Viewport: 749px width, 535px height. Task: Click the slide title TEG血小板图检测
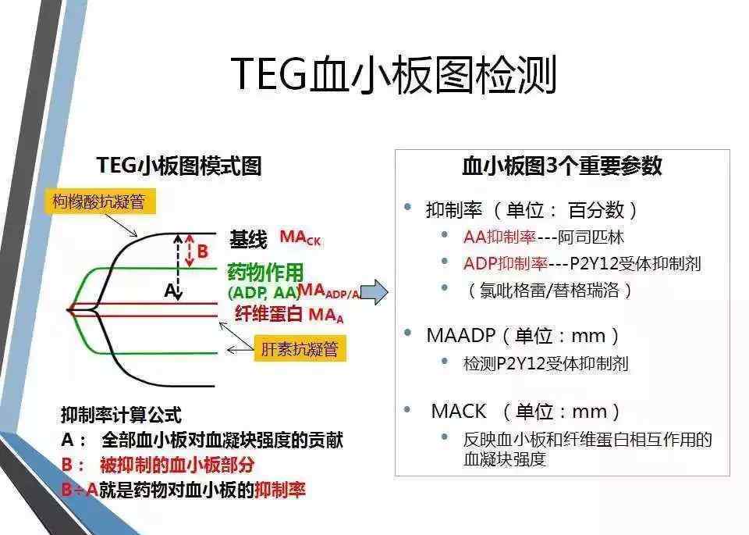394,75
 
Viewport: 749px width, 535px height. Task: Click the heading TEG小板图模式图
179,166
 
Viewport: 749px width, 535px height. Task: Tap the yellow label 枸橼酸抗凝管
99,202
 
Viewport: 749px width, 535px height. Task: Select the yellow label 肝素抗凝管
300,349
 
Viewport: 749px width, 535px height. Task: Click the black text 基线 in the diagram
248,239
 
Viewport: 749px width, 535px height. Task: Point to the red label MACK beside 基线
300,237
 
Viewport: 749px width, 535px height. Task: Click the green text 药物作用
265,272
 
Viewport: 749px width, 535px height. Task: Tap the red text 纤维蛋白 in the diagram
269,314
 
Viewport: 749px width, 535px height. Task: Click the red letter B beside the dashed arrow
203,251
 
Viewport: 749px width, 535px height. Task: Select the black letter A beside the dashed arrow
170,290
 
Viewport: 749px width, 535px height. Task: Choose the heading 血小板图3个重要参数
563,166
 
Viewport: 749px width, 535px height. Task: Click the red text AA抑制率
500,237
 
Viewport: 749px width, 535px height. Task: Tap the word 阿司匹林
591,237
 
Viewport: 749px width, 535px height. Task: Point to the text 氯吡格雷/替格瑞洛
549,291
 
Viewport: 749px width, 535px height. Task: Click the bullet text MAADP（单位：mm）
523,336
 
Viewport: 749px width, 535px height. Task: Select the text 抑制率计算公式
122,415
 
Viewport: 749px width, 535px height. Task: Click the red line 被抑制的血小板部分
158,465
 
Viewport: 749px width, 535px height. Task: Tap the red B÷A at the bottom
80,490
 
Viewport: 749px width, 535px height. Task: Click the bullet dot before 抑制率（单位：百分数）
407,207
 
